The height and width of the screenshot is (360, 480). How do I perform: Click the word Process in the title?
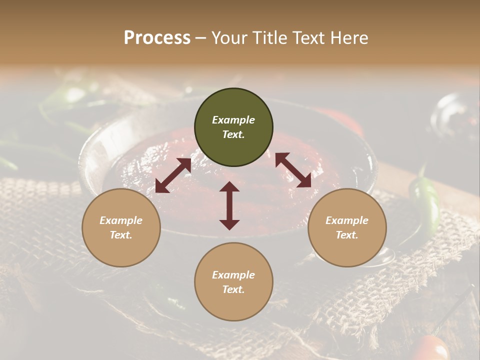157,38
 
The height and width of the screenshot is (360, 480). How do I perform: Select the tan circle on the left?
121,227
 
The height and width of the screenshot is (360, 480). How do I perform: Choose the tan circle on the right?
347,227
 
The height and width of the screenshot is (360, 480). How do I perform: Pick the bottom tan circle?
233,282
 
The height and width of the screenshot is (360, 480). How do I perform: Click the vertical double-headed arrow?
229,205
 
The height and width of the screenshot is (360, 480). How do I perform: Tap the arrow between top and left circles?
173,175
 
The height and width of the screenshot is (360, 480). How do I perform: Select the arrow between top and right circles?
293,170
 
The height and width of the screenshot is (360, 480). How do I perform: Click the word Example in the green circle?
233,120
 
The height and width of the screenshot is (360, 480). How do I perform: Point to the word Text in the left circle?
121,235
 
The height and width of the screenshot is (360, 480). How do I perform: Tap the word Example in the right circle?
347,220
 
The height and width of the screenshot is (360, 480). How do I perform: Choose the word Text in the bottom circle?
233,289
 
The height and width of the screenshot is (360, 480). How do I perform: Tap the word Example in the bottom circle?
233,275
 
